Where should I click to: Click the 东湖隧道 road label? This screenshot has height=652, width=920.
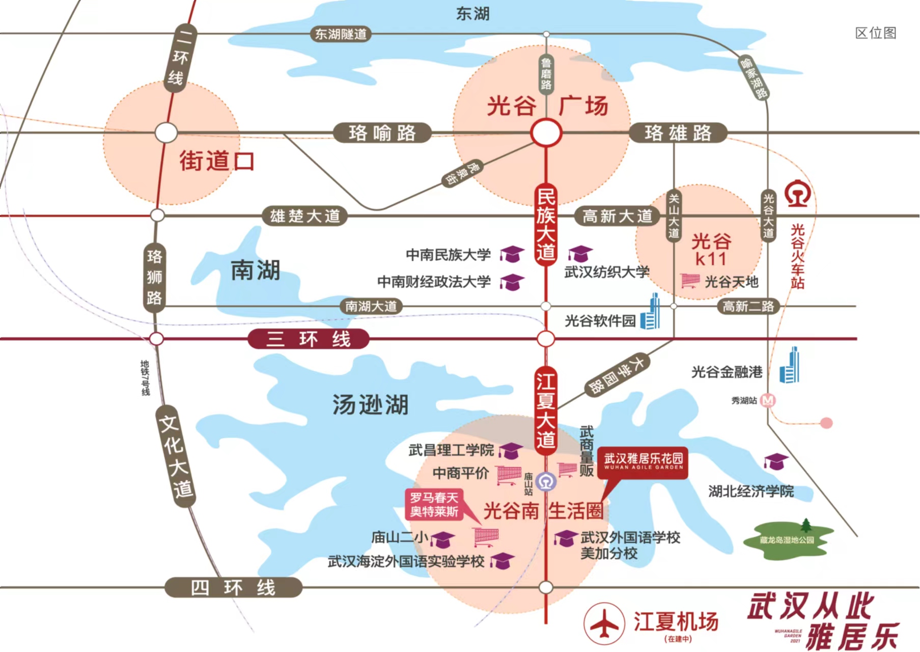coord(341,34)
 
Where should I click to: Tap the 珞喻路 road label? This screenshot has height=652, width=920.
coord(382,133)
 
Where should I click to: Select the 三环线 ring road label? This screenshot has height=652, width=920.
coord(309,339)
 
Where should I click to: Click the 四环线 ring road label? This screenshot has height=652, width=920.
coord(233,588)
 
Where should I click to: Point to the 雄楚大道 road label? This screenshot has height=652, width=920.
coord(304,216)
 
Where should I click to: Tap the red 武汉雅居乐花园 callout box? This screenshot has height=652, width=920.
coord(643,461)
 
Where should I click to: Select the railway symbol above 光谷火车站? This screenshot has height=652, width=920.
coord(797,194)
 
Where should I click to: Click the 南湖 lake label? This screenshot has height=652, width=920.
coord(255,270)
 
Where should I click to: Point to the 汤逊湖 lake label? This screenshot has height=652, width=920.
coord(370,405)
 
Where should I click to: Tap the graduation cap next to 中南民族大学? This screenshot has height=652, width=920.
coord(512,254)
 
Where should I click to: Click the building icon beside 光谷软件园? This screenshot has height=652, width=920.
coord(651,313)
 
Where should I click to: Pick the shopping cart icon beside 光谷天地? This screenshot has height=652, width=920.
coord(690,281)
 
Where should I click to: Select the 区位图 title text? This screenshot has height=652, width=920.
coord(875,33)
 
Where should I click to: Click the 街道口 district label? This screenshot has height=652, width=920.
coord(216,161)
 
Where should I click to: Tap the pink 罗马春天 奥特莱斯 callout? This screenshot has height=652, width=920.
coord(434,504)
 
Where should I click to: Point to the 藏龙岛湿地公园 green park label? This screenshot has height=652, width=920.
coord(787,540)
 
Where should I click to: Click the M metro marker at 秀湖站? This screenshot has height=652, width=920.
coord(768,401)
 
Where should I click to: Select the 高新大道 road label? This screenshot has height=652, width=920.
coord(617,216)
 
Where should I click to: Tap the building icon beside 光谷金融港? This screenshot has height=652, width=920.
coord(790,366)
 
